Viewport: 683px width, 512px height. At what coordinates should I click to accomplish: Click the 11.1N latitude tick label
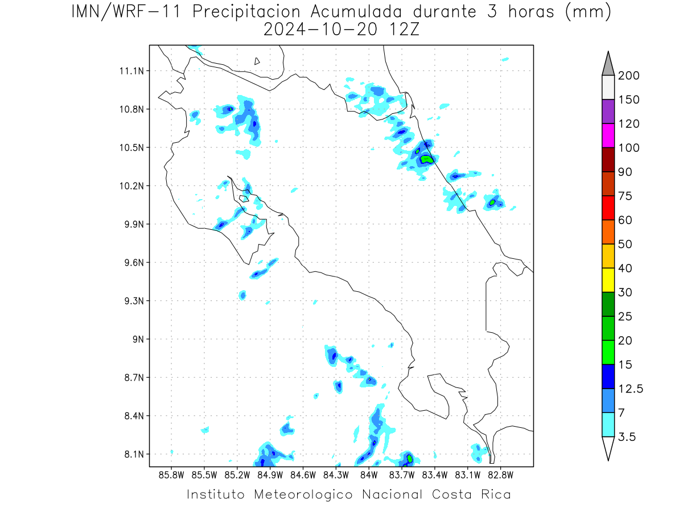pyautogui.click(x=131, y=71)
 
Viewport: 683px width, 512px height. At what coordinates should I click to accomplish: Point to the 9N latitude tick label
pyautogui.click(x=138, y=339)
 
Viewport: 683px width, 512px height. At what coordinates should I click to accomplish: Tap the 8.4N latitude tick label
pyautogui.click(x=134, y=416)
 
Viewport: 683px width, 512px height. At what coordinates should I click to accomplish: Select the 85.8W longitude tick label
pyautogui.click(x=171, y=475)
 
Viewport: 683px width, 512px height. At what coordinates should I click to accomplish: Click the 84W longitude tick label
pyautogui.click(x=369, y=475)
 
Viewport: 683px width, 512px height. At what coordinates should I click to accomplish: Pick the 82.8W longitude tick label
pyautogui.click(x=500, y=475)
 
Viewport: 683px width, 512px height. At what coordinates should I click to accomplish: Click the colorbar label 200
pyautogui.click(x=628, y=76)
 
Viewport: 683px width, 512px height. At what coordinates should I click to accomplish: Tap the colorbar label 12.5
pyautogui.click(x=631, y=389)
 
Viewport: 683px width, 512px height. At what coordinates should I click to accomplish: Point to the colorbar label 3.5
pyautogui.click(x=627, y=437)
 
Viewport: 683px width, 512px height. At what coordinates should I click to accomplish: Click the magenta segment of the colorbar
pyautogui.click(x=608, y=135)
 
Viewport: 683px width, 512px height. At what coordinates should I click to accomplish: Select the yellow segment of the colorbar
pyautogui.click(x=608, y=280)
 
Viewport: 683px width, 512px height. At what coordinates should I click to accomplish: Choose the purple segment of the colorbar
pyautogui.click(x=608, y=112)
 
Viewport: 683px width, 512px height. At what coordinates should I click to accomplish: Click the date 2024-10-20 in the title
pyautogui.click(x=320, y=30)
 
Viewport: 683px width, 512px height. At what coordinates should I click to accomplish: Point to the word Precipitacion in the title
pyautogui.click(x=246, y=12)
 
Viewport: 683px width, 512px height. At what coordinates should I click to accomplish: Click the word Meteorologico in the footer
pyautogui.click(x=303, y=494)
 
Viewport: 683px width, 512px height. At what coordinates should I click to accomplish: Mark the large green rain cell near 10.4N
pyautogui.click(x=426, y=159)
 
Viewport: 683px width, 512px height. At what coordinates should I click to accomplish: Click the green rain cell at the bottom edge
pyautogui.click(x=409, y=459)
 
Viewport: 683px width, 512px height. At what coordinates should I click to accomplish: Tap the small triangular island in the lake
pyautogui.click(x=257, y=61)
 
